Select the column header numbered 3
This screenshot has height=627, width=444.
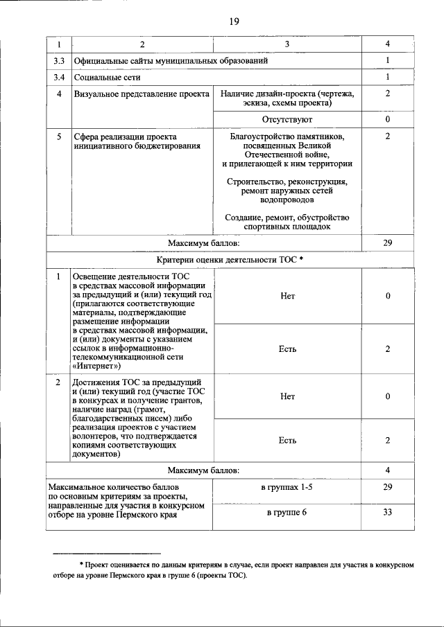click(x=287, y=44)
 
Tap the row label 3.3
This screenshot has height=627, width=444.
click(x=59, y=61)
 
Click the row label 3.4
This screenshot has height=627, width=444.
click(x=59, y=77)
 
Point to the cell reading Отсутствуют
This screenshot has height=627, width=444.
click(x=287, y=120)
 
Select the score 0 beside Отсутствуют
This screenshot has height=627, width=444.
click(x=387, y=120)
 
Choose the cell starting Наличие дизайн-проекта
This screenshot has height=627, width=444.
click(x=287, y=98)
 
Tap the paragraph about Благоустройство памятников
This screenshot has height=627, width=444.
click(x=287, y=150)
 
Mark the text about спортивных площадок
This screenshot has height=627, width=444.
click(x=287, y=222)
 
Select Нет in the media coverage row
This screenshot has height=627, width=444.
click(x=287, y=296)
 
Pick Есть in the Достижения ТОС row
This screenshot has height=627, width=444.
click(x=287, y=440)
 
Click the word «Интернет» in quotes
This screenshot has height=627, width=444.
click(x=96, y=367)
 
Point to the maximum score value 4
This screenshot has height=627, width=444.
click(x=387, y=470)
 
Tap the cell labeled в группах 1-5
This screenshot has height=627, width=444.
click(x=287, y=488)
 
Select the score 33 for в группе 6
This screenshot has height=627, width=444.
click(x=387, y=513)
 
